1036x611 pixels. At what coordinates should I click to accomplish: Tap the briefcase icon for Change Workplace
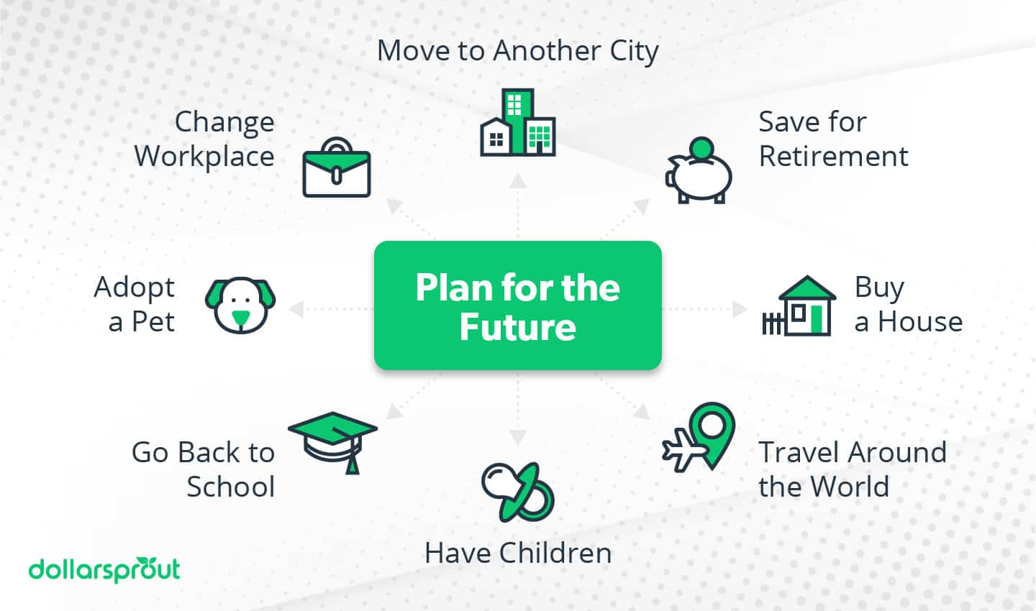click(336, 168)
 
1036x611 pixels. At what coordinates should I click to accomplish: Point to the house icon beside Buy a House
click(799, 307)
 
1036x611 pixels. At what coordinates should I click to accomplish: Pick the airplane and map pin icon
click(699, 438)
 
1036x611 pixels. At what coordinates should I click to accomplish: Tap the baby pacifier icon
click(517, 492)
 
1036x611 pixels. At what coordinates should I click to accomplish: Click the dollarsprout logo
click(104, 570)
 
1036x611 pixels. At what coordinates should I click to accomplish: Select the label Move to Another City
click(517, 51)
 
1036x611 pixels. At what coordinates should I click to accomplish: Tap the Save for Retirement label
click(832, 139)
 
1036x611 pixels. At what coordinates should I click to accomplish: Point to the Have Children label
click(517, 553)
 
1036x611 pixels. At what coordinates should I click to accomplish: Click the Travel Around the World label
click(852, 469)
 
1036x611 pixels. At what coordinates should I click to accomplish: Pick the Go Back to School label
click(204, 469)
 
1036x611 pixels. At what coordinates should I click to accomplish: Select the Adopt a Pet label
click(135, 304)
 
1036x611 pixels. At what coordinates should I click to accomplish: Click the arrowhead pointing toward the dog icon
click(295, 309)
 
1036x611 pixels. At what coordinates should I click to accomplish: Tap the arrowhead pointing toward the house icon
click(740, 309)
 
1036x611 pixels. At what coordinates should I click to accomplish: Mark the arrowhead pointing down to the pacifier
click(517, 437)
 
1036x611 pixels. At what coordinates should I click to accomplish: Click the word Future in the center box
click(517, 327)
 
